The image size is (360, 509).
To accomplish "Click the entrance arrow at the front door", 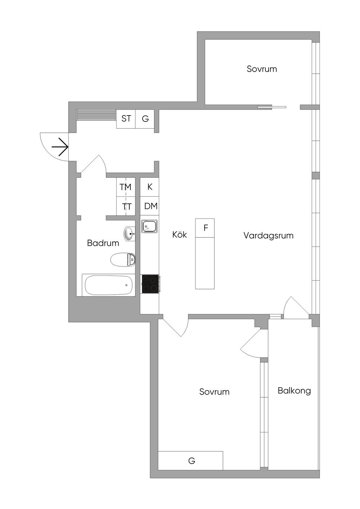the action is click(60, 147).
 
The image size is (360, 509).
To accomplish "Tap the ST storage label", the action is click(126, 119).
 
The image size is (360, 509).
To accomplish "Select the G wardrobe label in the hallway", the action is click(145, 119).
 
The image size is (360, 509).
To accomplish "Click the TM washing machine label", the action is click(126, 187).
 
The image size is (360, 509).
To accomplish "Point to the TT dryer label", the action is click(127, 207).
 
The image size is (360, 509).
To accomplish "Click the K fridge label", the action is click(150, 187).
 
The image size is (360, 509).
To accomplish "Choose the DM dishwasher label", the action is click(151, 206).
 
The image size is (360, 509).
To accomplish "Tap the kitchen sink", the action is click(149, 226).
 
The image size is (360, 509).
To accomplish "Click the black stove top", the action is click(150, 284).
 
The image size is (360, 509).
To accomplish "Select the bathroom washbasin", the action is click(130, 234).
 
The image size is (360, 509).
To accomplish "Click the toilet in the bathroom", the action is click(123, 260).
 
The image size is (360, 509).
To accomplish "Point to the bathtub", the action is click(109, 285).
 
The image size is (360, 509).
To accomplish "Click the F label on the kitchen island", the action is click(206, 228).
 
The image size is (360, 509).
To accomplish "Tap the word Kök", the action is click(179, 235).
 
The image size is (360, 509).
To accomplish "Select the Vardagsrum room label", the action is click(268, 236).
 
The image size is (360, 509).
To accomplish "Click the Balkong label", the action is click(294, 391).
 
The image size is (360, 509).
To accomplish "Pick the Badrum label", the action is click(103, 243).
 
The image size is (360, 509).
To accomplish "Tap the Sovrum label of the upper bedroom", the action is click(262, 69).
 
